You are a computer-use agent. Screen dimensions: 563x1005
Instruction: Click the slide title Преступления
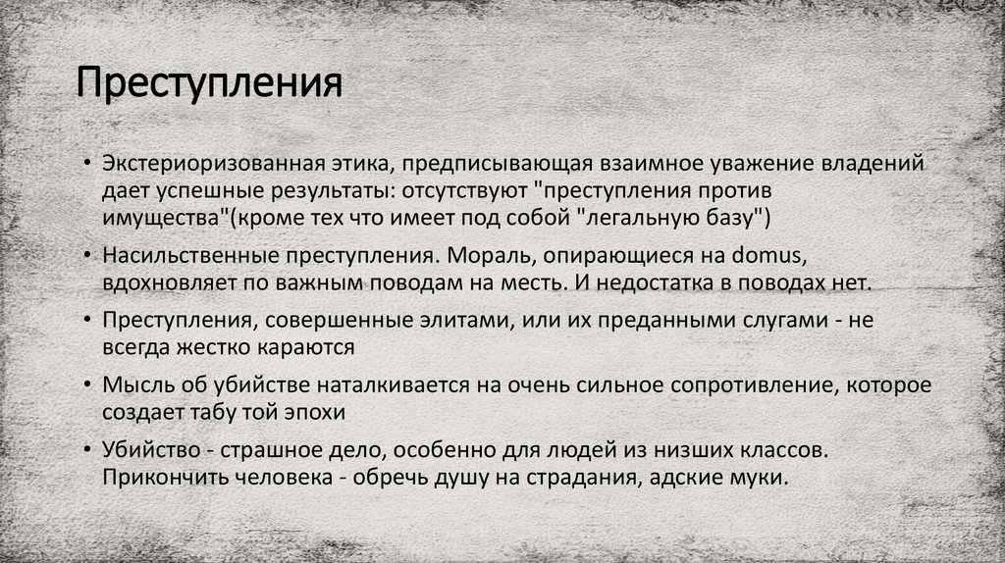coord(210,83)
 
